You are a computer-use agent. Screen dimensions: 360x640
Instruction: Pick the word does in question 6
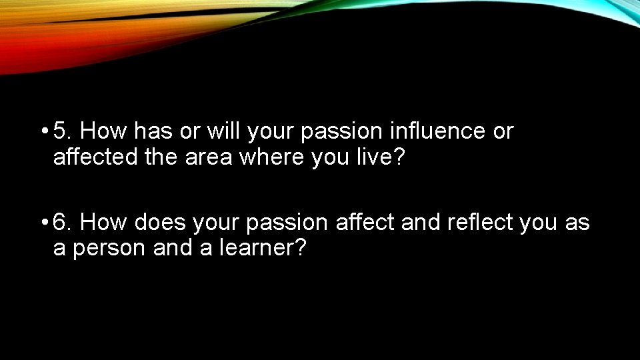pyautogui.click(x=160, y=222)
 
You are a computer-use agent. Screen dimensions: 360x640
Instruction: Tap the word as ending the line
pyautogui.click(x=577, y=222)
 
